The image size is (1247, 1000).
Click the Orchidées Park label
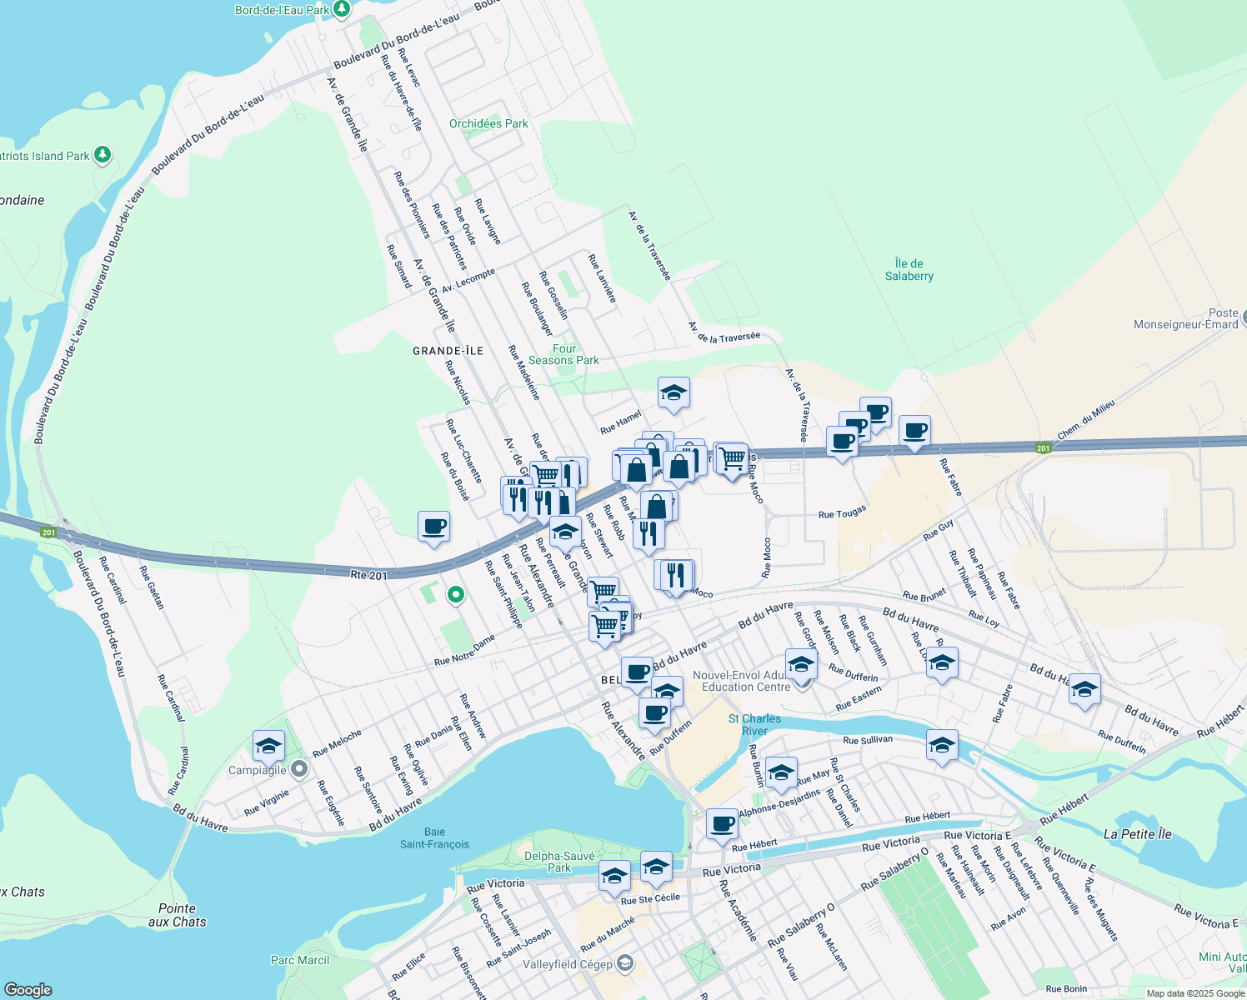(488, 124)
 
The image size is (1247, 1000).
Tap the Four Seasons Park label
(563, 355)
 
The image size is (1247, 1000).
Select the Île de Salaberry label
(909, 270)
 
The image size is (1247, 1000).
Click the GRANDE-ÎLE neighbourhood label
(448, 352)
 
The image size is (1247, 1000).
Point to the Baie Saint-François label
(434, 838)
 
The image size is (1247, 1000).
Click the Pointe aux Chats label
(177, 915)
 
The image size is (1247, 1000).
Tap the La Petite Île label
(1137, 834)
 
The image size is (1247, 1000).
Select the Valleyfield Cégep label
(568, 965)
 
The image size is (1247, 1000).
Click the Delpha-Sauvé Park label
(559, 862)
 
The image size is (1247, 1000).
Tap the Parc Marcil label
(300, 961)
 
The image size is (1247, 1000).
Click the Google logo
(28, 990)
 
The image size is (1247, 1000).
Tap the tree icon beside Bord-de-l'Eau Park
(341, 9)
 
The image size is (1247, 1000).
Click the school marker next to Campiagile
(268, 747)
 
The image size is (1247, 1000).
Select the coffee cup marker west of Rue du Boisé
(433, 527)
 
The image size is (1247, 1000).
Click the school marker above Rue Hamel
(674, 392)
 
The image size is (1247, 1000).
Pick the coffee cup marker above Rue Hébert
(723, 823)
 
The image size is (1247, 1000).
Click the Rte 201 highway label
(368, 575)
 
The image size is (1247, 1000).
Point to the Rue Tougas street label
(842, 512)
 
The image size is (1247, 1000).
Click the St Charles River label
(754, 724)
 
